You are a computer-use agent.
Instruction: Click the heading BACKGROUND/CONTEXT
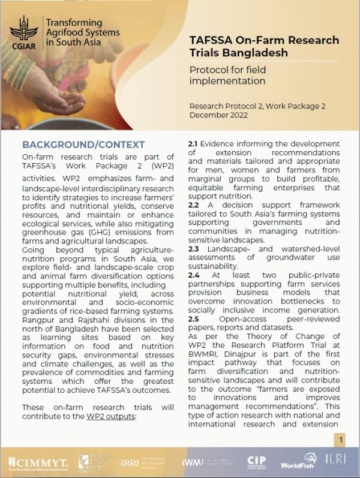83,145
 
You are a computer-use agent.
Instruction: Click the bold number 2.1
193,145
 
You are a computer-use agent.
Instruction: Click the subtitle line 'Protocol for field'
227,70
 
